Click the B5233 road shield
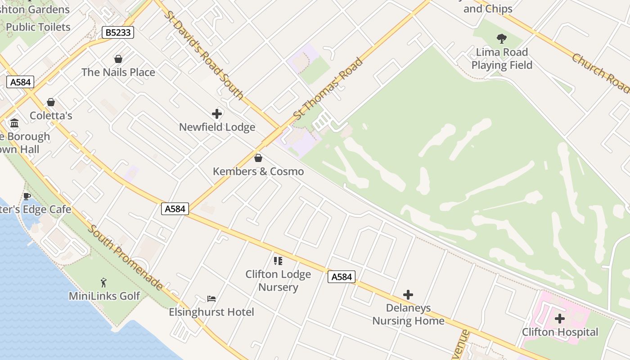tap(118, 32)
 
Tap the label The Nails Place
tap(118, 72)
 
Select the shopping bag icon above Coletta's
tap(51, 103)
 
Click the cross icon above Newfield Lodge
tap(217, 114)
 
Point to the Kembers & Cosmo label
tap(258, 171)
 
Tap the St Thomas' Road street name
tap(328, 89)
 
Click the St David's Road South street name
tap(204, 55)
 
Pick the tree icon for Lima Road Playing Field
tap(502, 39)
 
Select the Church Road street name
tap(600, 73)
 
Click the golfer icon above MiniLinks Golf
tap(104, 283)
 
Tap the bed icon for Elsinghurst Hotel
tap(211, 298)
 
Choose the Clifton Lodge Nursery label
tap(278, 281)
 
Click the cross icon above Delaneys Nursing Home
tap(408, 295)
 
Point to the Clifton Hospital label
tap(560, 332)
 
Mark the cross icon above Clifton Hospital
tap(560, 319)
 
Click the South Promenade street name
tap(126, 257)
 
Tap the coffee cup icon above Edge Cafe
tap(27, 196)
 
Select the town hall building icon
tap(14, 123)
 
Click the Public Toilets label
tap(38, 27)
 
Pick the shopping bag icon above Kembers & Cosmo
tap(258, 158)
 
